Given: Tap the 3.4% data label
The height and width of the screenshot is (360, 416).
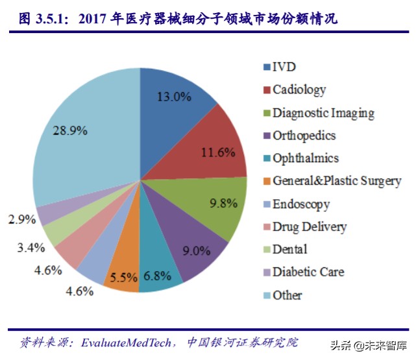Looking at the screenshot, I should [x=31, y=246].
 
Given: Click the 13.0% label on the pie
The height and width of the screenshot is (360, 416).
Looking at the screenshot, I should [x=174, y=97].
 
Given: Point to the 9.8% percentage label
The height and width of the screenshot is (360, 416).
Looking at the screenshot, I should [x=223, y=203].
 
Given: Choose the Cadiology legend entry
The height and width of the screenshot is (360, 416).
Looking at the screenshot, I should [x=299, y=90].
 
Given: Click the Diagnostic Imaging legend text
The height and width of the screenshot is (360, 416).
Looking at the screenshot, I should [x=323, y=113].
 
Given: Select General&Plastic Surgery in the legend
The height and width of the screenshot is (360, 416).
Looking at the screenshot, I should [x=336, y=181].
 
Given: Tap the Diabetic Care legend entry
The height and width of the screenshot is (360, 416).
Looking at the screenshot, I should [x=308, y=272].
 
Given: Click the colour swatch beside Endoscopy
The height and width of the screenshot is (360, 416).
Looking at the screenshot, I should [x=266, y=204].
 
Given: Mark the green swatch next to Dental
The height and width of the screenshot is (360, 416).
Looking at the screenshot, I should [x=266, y=250].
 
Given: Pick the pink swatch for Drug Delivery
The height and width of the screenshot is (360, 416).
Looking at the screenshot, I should [x=266, y=227].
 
